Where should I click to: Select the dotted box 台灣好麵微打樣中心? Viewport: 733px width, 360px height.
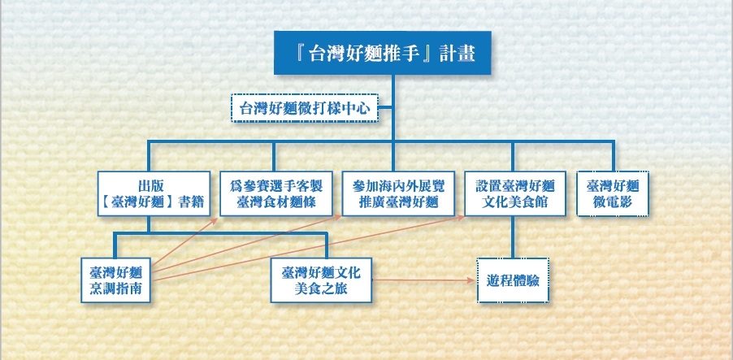[x=306, y=107]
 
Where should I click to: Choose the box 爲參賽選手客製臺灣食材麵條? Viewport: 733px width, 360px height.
[x=276, y=193]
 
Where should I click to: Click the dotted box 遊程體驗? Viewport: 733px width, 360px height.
[x=512, y=280]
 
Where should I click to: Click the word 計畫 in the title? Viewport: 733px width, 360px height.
[x=454, y=55]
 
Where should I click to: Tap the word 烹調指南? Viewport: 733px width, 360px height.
[x=117, y=288]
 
